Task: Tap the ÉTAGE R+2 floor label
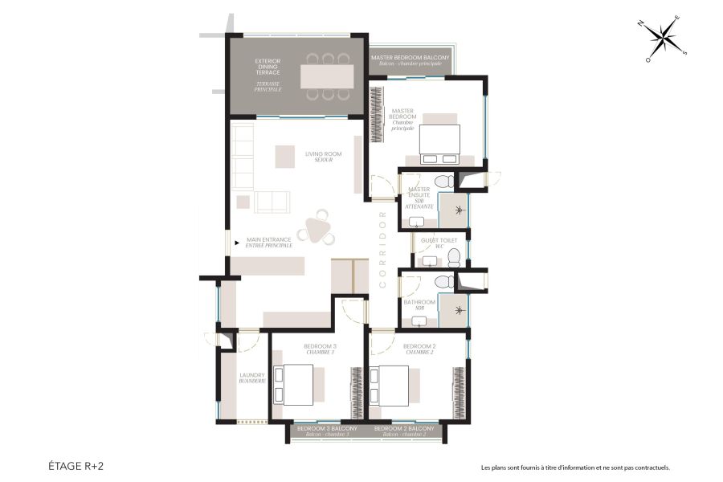[x=75, y=465]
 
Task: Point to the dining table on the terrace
[x=326, y=76]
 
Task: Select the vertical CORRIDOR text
[x=383, y=249]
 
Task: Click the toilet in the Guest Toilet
[x=454, y=257]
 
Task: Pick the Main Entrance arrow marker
[x=236, y=240]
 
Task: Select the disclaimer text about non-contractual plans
[x=575, y=468]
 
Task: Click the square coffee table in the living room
[x=284, y=156]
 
